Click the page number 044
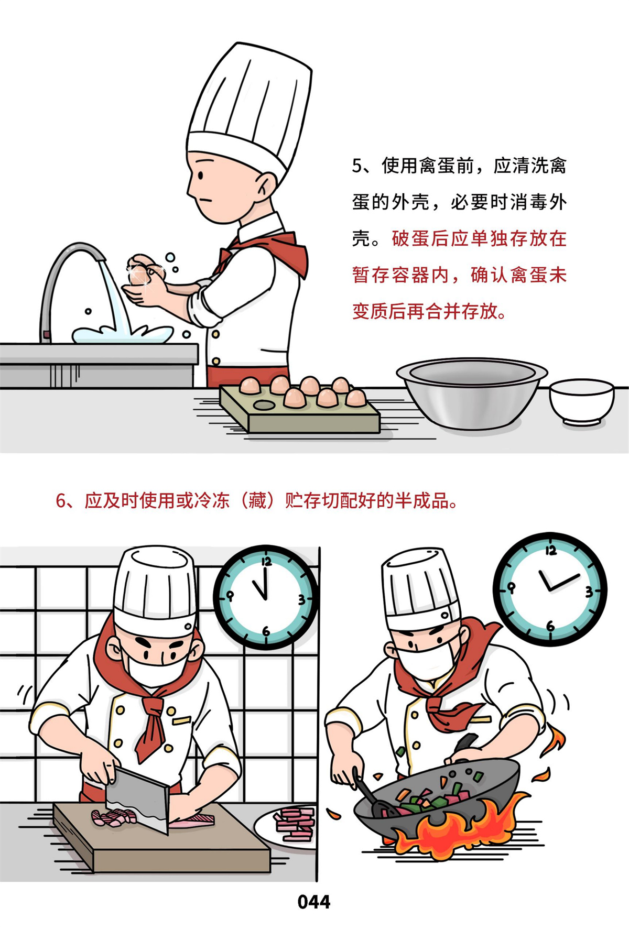click(313, 901)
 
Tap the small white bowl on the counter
click(581, 401)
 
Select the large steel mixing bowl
click(472, 393)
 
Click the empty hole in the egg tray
click(263, 404)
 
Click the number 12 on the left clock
click(266, 562)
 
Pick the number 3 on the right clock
click(589, 592)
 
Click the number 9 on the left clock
click(230, 596)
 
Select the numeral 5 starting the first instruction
click(357, 166)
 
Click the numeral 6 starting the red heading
click(61, 501)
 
